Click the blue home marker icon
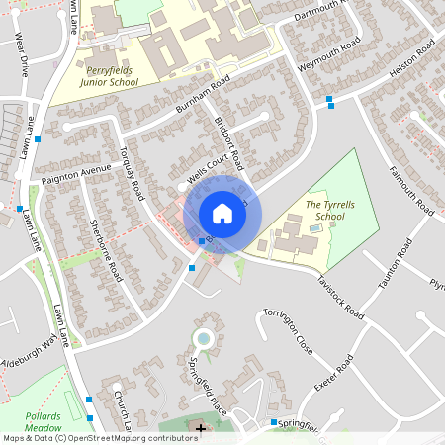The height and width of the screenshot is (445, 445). pos(222,214)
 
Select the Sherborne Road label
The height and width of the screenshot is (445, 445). pos(104,247)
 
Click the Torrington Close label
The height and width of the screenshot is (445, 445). pos(288,333)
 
